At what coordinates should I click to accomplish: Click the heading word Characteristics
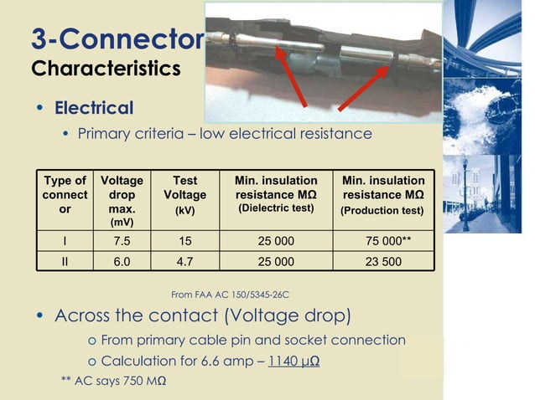coord(106,68)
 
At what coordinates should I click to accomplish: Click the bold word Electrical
coord(94,108)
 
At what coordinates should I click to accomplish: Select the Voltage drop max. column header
coord(122,201)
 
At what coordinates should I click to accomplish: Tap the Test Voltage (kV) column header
coord(184,195)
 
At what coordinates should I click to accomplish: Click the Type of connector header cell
coord(65,195)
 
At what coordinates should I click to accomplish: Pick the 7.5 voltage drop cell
coord(122,242)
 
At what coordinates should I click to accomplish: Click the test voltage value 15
coord(184,242)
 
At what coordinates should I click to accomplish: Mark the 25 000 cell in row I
coord(276,242)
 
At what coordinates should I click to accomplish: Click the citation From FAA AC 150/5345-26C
coord(230,295)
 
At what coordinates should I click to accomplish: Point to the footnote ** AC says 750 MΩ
coord(113,382)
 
